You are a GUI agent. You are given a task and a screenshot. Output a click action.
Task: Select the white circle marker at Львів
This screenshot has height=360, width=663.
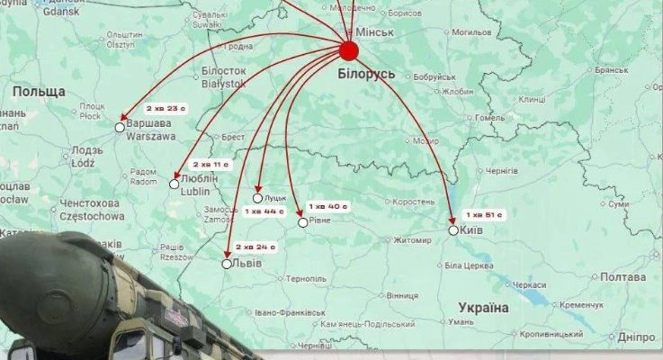tap(227, 264)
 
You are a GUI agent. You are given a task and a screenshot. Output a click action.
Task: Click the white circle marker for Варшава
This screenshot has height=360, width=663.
tap(121, 128)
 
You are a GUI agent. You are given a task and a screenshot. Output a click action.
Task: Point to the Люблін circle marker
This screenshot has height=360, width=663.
tap(175, 184)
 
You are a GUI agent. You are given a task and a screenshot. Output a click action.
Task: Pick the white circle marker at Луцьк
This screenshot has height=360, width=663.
tap(257, 198)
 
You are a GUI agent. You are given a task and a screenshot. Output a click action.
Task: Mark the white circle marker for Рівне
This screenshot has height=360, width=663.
tap(302, 221)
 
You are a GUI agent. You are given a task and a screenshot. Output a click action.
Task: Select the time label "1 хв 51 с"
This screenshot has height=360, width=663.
tap(485, 215)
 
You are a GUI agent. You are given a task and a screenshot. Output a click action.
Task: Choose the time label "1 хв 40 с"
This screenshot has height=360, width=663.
tap(327, 206)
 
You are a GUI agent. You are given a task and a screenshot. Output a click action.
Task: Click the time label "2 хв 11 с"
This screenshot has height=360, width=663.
tap(211, 165)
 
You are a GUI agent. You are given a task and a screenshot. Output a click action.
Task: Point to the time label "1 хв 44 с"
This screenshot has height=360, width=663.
tap(264, 211)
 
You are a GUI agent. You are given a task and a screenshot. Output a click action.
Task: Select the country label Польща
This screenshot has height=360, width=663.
tap(39, 92)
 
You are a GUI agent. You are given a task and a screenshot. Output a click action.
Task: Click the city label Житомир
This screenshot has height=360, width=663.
tap(412, 239)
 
